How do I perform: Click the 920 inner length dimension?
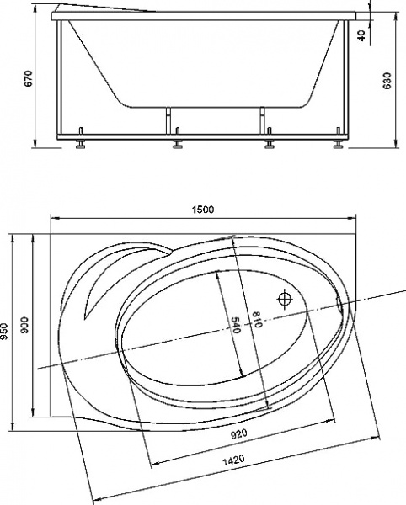pos(238,434)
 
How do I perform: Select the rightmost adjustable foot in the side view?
pos(339,145)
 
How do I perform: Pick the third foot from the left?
pos(270,145)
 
